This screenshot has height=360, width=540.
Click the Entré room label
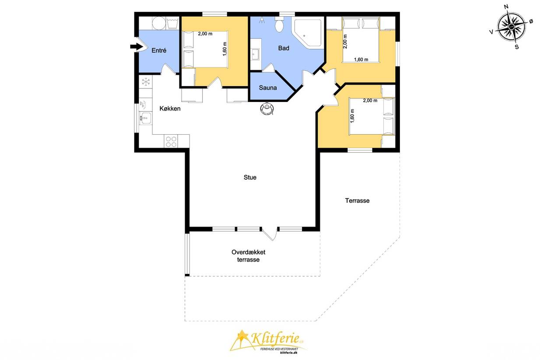click(159, 50)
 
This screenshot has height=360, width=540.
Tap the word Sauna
click(267, 88)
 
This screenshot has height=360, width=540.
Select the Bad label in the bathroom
click(284, 48)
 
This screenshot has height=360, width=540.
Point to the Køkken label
click(170, 108)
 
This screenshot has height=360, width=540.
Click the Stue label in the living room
click(250, 177)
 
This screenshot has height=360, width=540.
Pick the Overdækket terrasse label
click(248, 256)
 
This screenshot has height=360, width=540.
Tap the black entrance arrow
click(137, 46)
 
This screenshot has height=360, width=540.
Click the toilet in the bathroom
click(280, 25)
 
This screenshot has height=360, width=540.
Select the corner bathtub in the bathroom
click(308, 33)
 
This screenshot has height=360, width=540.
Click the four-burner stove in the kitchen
click(171, 141)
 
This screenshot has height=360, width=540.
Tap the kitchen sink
click(145, 118)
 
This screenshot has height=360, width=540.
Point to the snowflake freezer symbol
click(146, 82)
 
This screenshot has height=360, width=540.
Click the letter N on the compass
click(506, 7)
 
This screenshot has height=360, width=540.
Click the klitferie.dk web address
click(288, 353)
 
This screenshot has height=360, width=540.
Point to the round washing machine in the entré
click(158, 23)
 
